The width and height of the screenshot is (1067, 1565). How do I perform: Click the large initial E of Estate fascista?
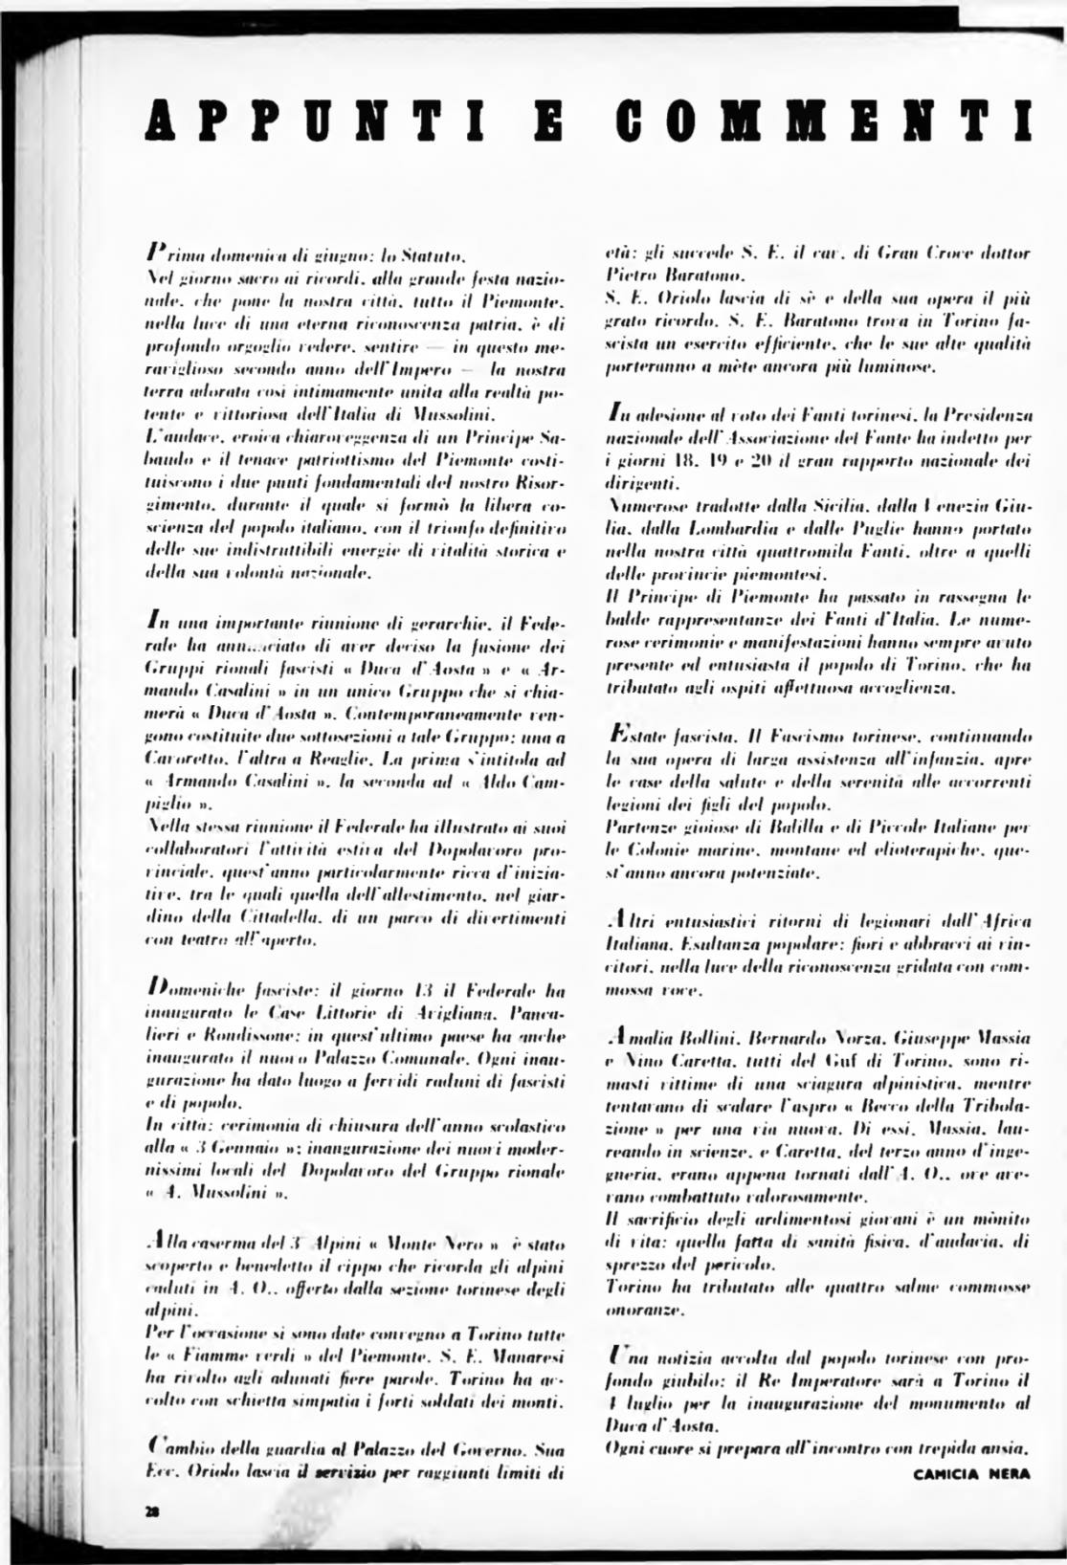(x=618, y=737)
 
